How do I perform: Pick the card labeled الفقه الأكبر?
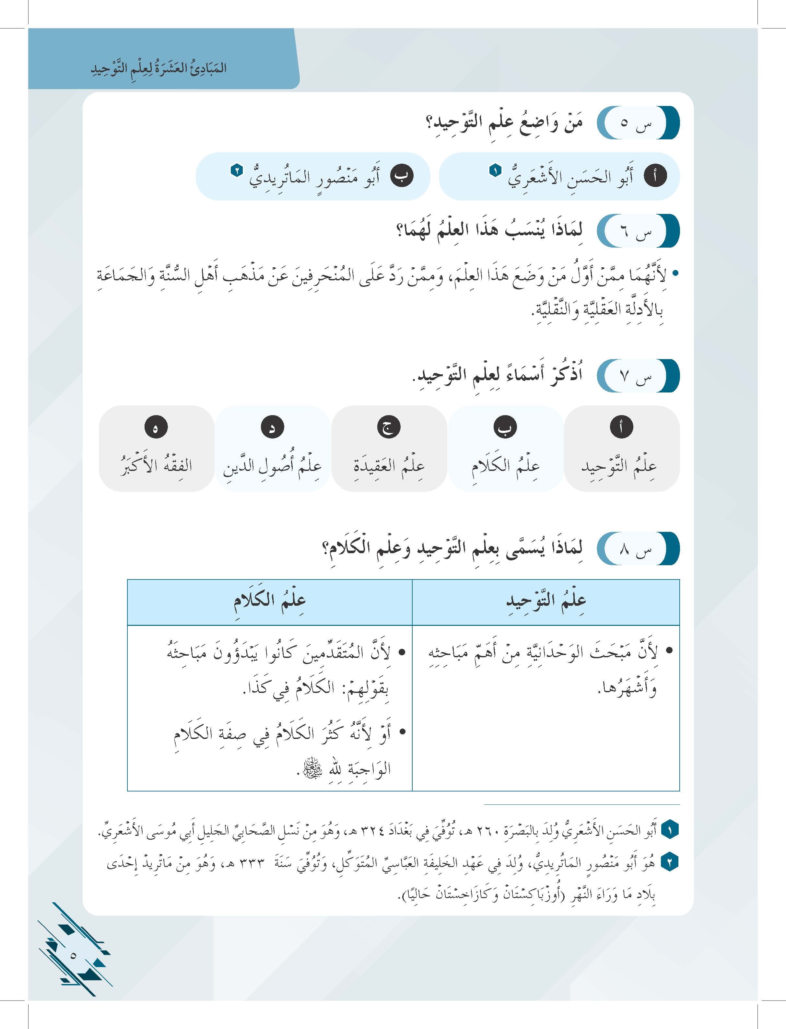pos(156,466)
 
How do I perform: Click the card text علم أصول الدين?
pos(272,466)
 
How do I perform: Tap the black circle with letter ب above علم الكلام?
pos(505,427)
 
